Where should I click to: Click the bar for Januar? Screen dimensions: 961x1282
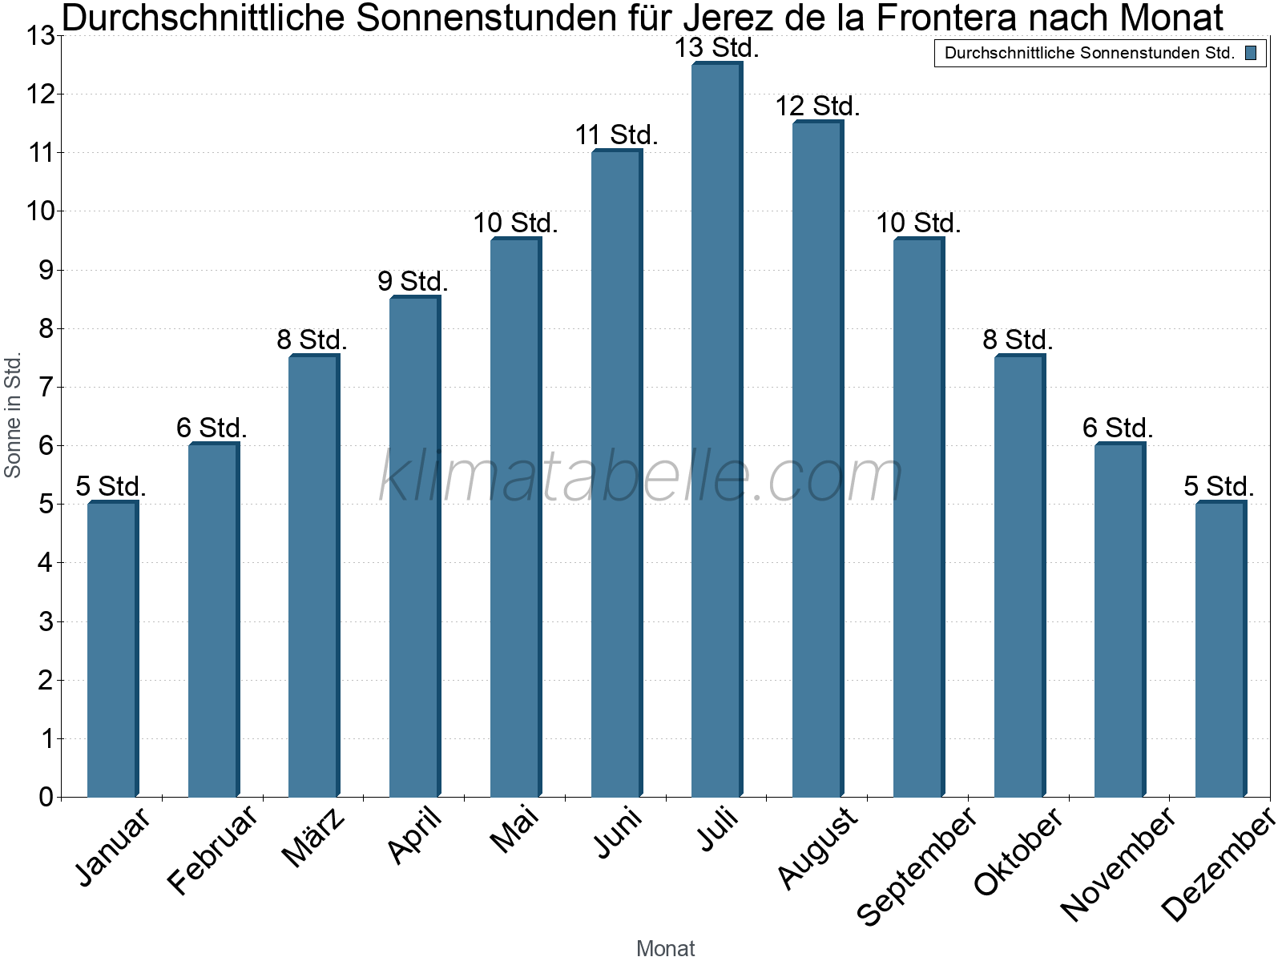coord(112,649)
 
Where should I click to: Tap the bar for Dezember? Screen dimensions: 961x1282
coord(1220,649)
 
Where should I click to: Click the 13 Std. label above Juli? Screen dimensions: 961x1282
coord(716,48)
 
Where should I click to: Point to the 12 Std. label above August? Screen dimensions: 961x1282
coord(817,107)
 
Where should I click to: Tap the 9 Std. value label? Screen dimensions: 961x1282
coord(413,282)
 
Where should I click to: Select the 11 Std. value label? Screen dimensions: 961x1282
coord(616,135)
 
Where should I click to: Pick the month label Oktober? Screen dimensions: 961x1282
coord(1018,850)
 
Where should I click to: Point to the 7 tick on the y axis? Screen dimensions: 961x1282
coord(45,387)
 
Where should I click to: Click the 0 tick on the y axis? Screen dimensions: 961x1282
coord(45,797)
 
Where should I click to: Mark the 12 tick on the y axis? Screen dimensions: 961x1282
coord(40,94)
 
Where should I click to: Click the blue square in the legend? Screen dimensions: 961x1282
coord(1251,54)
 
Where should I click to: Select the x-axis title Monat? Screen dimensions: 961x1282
coord(665,948)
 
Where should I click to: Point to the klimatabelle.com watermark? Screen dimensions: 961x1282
coord(641,476)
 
